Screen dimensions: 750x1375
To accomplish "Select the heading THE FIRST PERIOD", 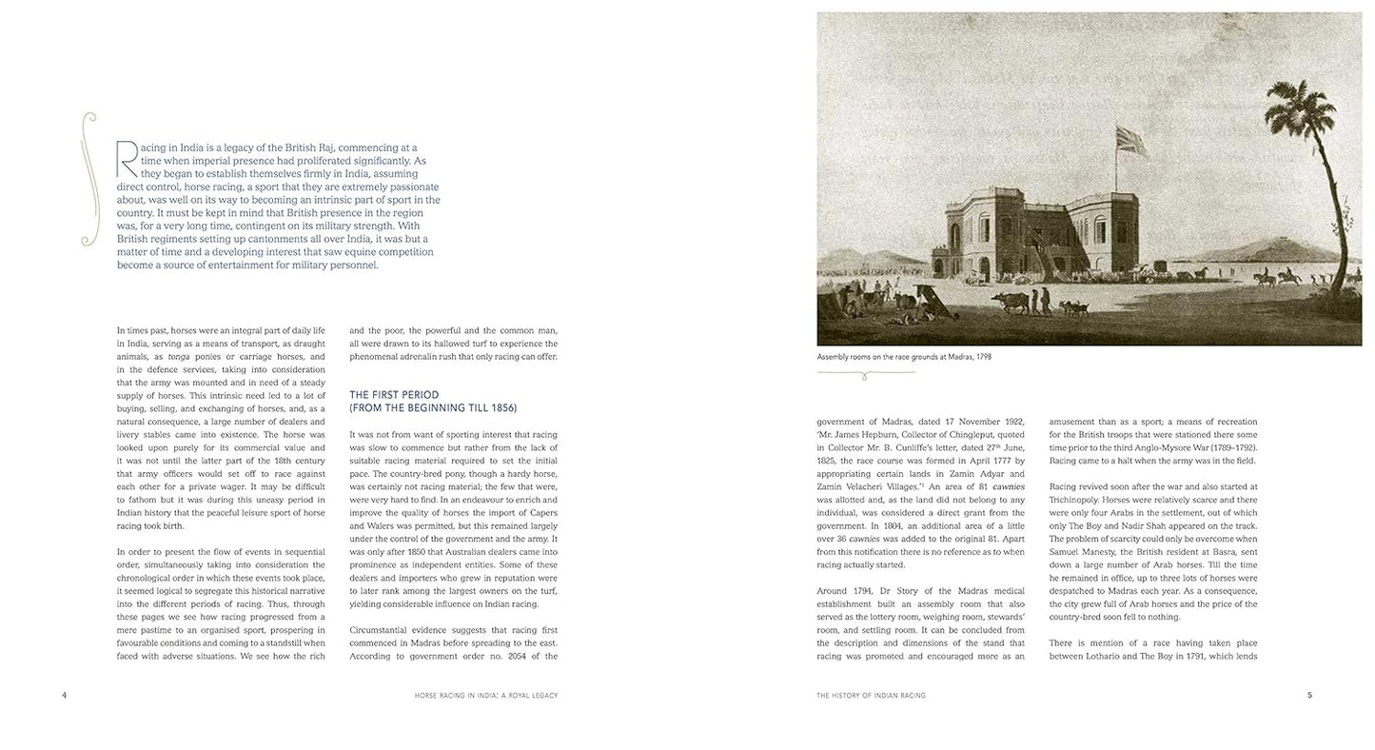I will coord(393,395).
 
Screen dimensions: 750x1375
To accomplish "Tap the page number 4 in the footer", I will coord(65,696).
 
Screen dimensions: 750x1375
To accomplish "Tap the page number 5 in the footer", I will coord(1309,696).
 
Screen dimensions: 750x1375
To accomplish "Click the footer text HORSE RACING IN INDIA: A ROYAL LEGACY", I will coord(486,696).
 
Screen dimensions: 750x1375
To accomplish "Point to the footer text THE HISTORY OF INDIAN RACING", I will coord(871,696).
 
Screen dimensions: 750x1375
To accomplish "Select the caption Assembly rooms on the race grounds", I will coord(904,357).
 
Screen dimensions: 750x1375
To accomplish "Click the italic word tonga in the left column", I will coord(179,357).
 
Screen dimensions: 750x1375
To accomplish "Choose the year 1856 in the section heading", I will coord(502,408).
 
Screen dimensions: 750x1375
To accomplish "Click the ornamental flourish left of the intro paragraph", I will coord(89,179).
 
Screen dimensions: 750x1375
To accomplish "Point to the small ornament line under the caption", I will coord(865,374).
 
